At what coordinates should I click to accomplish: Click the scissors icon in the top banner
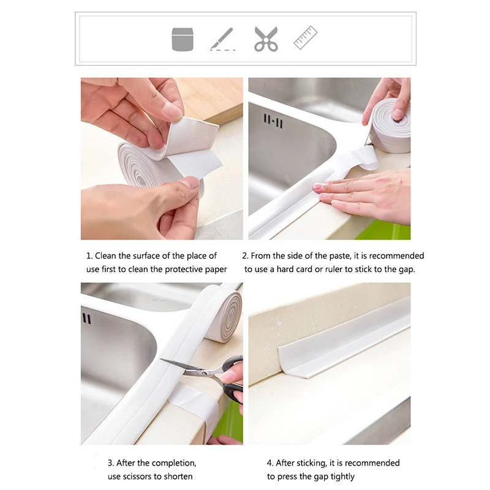(x=266, y=39)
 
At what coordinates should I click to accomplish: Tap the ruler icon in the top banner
(x=305, y=37)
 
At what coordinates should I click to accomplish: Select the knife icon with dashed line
(x=222, y=39)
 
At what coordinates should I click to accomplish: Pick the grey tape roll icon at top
(x=183, y=39)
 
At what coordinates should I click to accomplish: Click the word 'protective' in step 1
(x=183, y=269)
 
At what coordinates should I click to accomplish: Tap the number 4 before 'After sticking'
(x=270, y=463)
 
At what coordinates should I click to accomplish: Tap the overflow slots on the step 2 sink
(x=273, y=121)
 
